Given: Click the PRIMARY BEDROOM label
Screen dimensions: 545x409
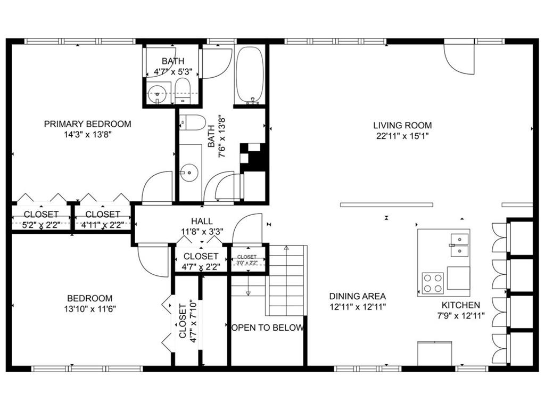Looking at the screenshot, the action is tap(88, 124).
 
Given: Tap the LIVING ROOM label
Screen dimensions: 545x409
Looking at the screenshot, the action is tap(402, 125).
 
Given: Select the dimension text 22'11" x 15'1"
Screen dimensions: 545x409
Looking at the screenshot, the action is tap(402, 136).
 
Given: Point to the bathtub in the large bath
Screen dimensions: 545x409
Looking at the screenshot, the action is tap(250, 75).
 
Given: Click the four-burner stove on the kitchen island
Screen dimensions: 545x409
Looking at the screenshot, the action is tap(433, 283).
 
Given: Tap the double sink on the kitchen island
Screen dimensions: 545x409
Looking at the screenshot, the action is tap(459, 245).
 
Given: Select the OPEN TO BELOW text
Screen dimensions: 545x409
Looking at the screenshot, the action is tap(267, 328).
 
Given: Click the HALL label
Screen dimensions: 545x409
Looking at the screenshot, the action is tap(202, 221).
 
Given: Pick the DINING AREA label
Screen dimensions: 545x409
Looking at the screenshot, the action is tap(357, 296).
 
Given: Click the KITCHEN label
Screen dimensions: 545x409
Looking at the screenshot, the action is tap(461, 305).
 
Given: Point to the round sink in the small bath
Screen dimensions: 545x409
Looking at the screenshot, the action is tap(157, 94).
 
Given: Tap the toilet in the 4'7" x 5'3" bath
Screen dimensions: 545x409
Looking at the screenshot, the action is tap(182, 91).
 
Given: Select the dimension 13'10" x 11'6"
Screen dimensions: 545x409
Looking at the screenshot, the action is tap(89, 309).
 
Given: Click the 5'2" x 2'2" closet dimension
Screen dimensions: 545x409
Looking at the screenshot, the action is tap(41, 225).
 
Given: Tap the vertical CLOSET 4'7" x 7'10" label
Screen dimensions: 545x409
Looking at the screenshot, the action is tap(188, 321).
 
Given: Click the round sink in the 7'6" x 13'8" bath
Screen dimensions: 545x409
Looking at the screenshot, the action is tap(189, 172).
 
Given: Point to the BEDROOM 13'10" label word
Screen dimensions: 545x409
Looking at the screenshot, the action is tap(89, 298).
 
